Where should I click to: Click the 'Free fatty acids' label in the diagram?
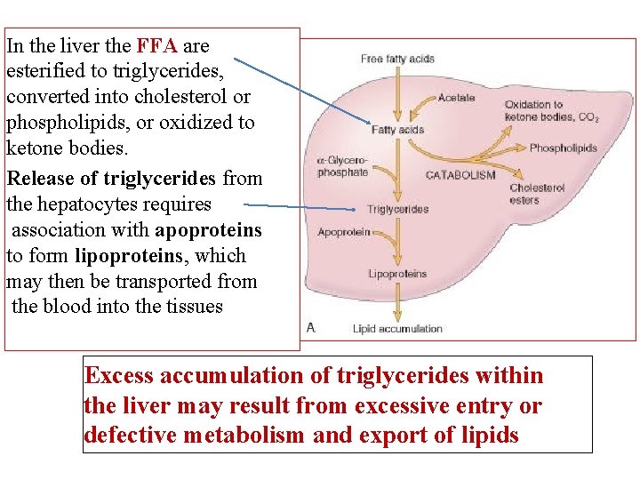[397, 59]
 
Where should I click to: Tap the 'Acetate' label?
[456, 98]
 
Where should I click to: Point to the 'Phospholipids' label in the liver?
[563, 148]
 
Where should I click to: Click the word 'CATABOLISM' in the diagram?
[460, 175]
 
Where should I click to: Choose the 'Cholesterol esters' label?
[536, 194]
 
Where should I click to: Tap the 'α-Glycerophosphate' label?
[342, 166]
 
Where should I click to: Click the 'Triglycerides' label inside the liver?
[397, 210]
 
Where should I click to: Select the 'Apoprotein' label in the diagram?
[344, 233]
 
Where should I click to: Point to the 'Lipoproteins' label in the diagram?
[397, 274]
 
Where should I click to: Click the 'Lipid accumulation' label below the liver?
[397, 329]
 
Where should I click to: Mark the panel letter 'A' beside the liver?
[311, 327]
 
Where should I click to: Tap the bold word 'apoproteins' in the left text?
[208, 230]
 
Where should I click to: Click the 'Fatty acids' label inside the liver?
[397, 130]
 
